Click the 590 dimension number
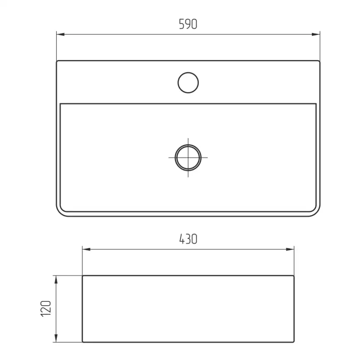(188, 24)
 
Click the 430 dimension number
(188, 239)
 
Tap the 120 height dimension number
(46, 308)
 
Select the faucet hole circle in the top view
(188, 83)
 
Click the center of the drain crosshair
(188, 158)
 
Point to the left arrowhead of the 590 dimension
(60, 35)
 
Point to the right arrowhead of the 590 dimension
(316, 35)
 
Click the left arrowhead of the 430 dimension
(86, 249)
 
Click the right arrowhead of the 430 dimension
(290, 249)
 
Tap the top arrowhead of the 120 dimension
(56, 280)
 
